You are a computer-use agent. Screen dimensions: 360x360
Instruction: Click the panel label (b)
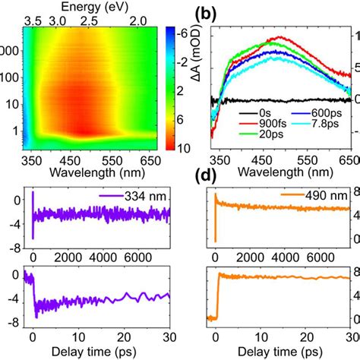point(207,13)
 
